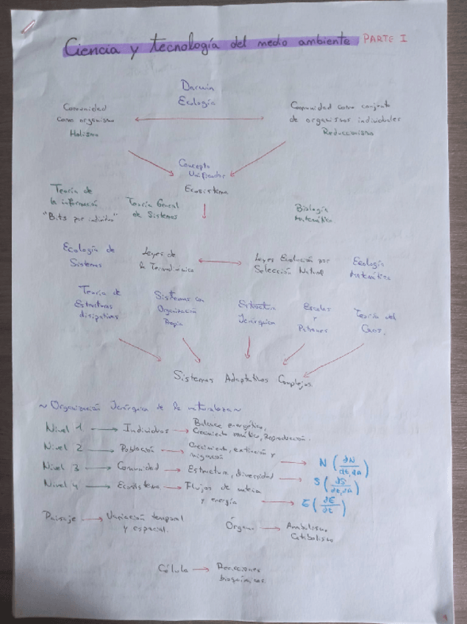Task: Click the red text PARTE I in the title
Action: (385, 39)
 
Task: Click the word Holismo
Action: (83, 134)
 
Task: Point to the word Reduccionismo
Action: (348, 133)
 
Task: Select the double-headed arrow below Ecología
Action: (199, 118)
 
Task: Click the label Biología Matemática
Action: (314, 214)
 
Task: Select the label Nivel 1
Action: (64, 428)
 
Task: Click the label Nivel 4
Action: (63, 484)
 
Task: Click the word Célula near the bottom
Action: (171, 569)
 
